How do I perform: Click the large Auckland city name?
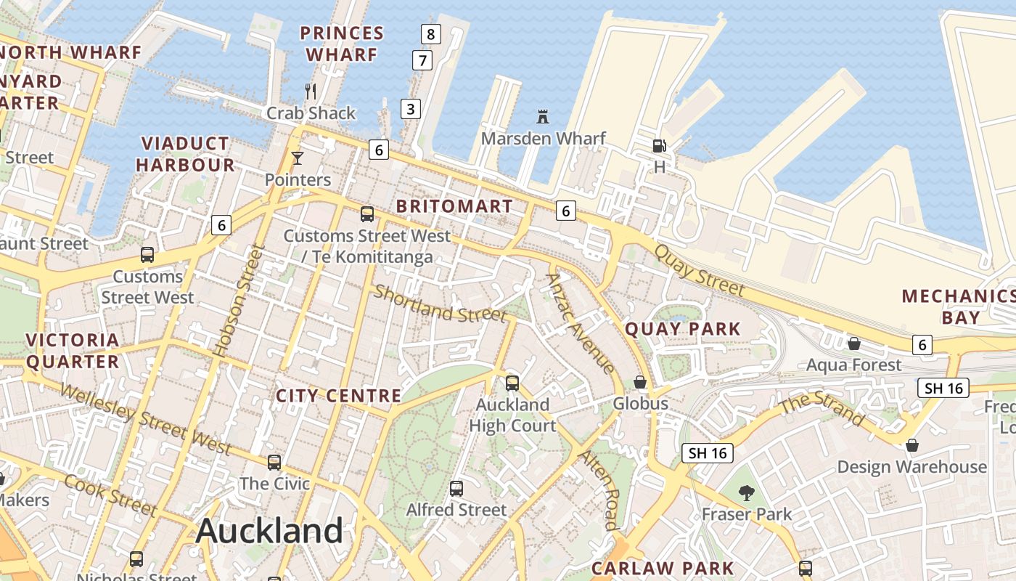tap(269, 531)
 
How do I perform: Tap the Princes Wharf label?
tap(342, 44)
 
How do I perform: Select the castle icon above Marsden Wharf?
tap(542, 116)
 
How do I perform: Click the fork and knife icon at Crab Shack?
tap(311, 91)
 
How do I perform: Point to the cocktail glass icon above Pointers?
tap(297, 158)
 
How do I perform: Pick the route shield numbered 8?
tap(431, 33)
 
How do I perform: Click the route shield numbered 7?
tap(422, 60)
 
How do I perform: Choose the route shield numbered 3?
tap(411, 109)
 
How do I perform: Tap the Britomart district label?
tap(455, 206)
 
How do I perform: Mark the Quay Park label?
tap(683, 329)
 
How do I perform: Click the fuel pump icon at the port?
tap(659, 146)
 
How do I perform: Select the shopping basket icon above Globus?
tap(640, 382)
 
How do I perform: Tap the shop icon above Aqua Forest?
tap(854, 343)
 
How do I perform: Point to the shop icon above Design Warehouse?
tap(912, 445)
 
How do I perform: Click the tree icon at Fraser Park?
tap(746, 493)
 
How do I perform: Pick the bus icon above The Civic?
tap(274, 462)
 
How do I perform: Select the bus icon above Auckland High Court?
tap(512, 383)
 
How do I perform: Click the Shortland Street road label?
tap(440, 304)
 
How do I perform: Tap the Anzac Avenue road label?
tap(581, 322)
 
